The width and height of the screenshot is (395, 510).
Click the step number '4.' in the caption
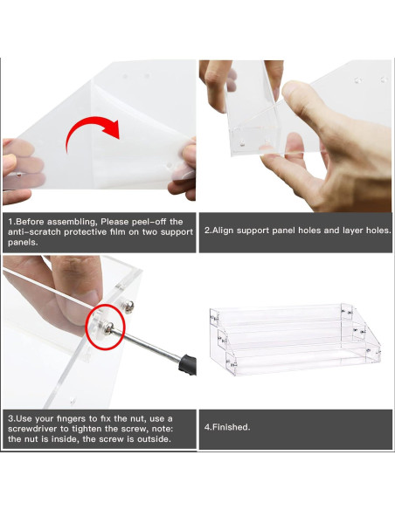coord(208,427)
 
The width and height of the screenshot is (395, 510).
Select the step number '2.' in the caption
coord(208,231)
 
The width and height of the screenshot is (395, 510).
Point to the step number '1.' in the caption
coord(10,221)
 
